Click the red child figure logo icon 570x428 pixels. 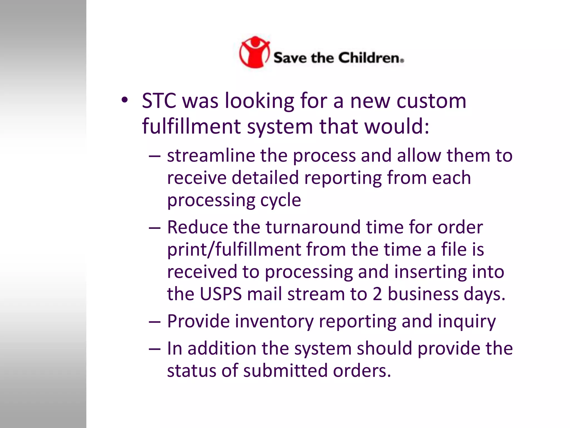pyautogui.click(x=254, y=52)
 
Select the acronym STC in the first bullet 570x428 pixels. pyautogui.click(x=159, y=101)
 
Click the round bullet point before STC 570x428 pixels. pyautogui.click(x=124, y=100)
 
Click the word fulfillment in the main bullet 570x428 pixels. pyautogui.click(x=191, y=126)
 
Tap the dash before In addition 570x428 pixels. pyautogui.click(x=154, y=349)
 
